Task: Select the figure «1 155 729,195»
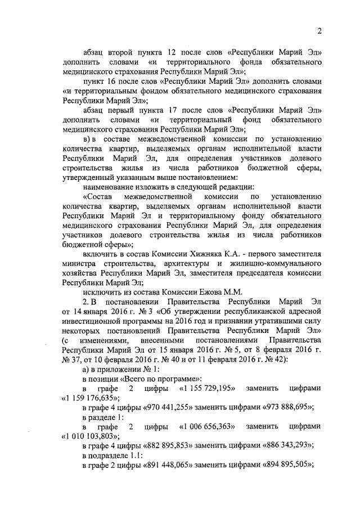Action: click(x=206, y=389)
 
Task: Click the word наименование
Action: click(x=110, y=186)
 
